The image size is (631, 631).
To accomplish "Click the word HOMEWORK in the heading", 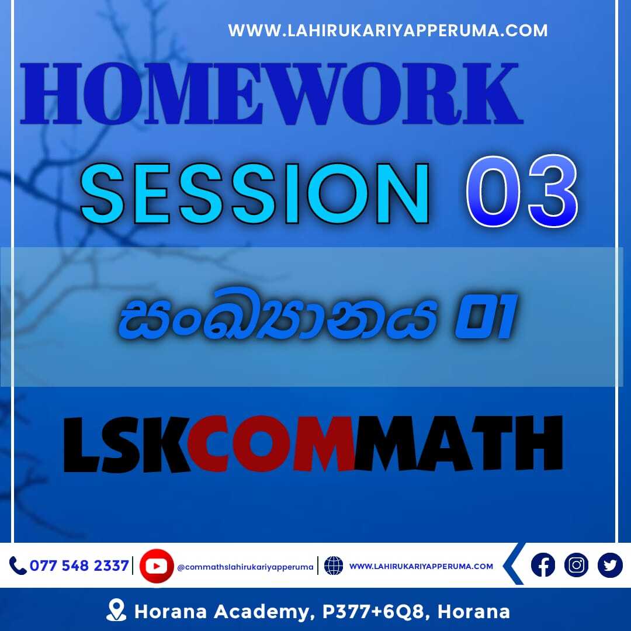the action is (272, 93).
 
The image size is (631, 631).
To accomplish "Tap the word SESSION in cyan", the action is (255, 193).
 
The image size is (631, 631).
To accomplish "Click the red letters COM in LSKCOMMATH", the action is (271, 443).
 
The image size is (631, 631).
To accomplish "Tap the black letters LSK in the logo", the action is (126, 444).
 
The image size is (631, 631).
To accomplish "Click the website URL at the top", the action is (387, 30).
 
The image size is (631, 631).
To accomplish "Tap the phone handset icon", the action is (18, 566).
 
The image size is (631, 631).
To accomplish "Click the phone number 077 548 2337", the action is (79, 566).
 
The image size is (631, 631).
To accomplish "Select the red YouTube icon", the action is (157, 566).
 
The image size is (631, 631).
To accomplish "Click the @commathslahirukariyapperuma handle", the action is (245, 567).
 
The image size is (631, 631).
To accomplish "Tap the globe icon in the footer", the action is (334, 566).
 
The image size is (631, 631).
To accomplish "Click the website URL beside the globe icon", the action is (421, 566).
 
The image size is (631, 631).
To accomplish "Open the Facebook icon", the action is (543, 565).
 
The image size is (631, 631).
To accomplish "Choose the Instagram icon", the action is (576, 565).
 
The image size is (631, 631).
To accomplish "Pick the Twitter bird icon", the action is (610, 565).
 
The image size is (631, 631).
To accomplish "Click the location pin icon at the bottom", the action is (116, 610).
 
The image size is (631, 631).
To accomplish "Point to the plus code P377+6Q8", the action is (373, 612).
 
